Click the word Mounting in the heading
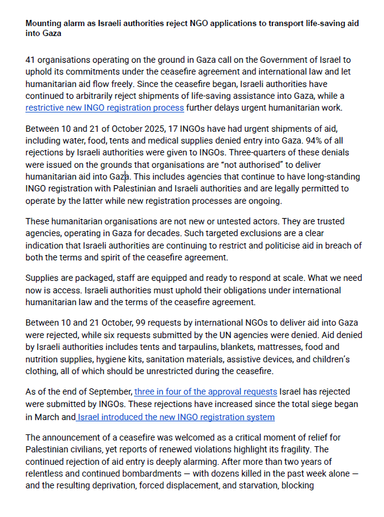(45, 22)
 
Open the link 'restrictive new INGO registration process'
(104, 108)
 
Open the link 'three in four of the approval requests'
(206, 391)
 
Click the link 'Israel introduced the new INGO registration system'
(177, 416)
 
